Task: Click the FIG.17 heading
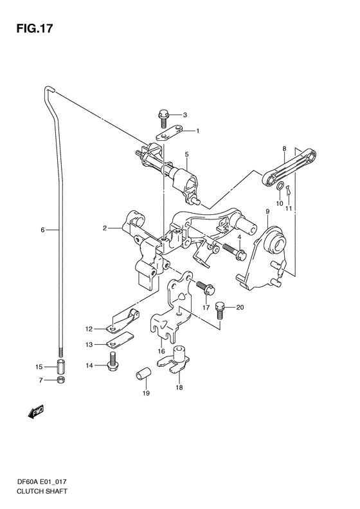(x=34, y=28)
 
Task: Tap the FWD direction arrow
(x=35, y=411)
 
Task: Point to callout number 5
(x=187, y=154)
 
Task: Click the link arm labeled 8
(x=289, y=167)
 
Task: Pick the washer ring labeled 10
(x=280, y=187)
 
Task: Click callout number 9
(x=267, y=211)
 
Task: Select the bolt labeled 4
(x=234, y=252)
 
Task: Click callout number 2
(x=104, y=228)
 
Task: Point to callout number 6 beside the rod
(x=42, y=230)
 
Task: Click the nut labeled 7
(x=61, y=380)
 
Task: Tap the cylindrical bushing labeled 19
(x=143, y=373)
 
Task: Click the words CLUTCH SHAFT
(x=42, y=491)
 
